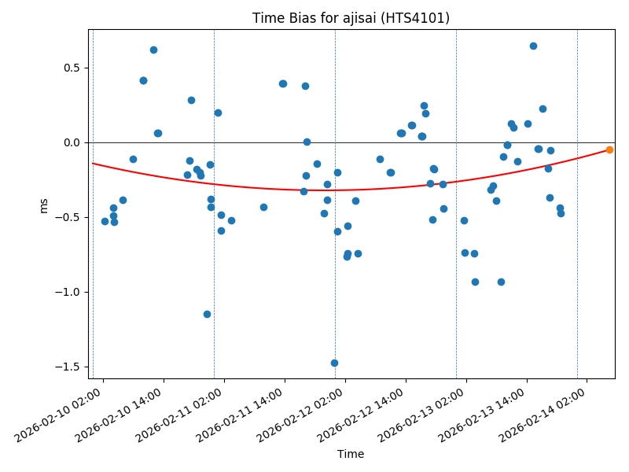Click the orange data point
pos(609,149)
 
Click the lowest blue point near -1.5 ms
pos(334,363)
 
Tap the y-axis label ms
pos(44,205)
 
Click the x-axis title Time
pos(351,454)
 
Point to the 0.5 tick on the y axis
pos(72,68)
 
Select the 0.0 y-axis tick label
pos(72,142)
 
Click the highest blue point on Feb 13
pos(533,46)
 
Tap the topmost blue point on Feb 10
pos(153,50)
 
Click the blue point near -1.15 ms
pos(207,314)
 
